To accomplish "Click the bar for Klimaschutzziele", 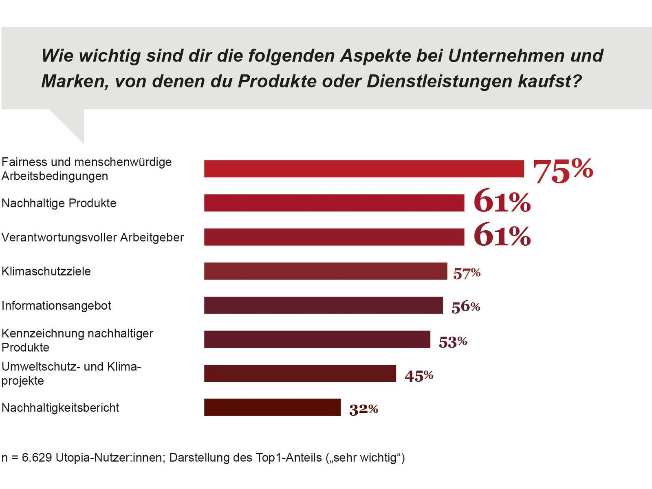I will pos(325,271).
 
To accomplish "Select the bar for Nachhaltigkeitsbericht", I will pos(272,407).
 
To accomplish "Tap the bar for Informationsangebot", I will pos(323,305).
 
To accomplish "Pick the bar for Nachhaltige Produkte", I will pos(334,203).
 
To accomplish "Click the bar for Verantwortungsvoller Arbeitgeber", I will pos(334,237).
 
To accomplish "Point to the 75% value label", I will pos(563,170).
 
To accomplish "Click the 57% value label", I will pos(467,273).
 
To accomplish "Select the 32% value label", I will pos(363,409).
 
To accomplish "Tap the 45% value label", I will pos(419,375).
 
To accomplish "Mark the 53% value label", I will pos(453,341).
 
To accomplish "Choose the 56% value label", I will pos(465,307).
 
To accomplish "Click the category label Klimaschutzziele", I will pos(46,271).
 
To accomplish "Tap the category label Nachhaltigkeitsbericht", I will pos(60,408).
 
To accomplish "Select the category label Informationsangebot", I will pos(56,306).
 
